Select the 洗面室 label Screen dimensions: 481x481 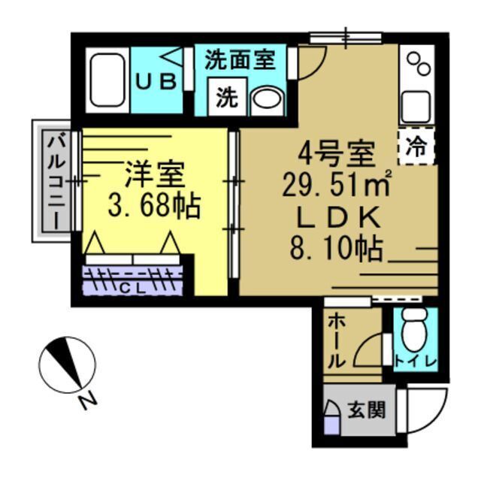pos(240,61)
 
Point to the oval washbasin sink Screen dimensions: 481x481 pos(264,99)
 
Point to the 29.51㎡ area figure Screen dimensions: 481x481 pos(337,185)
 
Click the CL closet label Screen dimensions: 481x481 pos(132,286)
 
